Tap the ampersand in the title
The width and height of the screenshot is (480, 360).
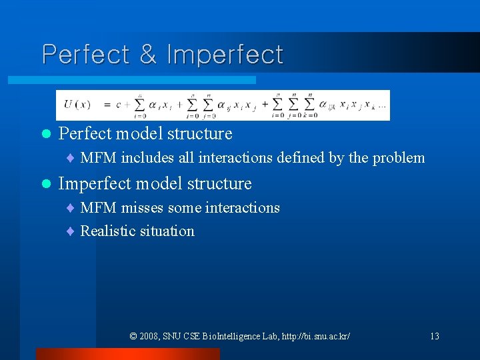[148, 55]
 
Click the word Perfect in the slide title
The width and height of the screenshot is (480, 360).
[86, 55]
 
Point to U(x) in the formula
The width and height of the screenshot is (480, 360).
[77, 105]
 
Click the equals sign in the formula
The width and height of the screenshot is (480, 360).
[105, 105]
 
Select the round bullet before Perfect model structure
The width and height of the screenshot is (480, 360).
[45, 134]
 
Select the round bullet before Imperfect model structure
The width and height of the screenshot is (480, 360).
[45, 184]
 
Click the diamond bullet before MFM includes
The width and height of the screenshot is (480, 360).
[70, 159]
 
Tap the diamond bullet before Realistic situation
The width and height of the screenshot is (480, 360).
[70, 232]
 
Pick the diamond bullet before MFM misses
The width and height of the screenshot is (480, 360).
[70, 209]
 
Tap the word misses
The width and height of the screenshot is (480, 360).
[143, 208]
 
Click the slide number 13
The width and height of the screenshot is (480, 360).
[434, 336]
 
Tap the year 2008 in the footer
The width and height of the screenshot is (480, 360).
[150, 336]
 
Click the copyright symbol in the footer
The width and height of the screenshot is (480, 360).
[133, 336]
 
